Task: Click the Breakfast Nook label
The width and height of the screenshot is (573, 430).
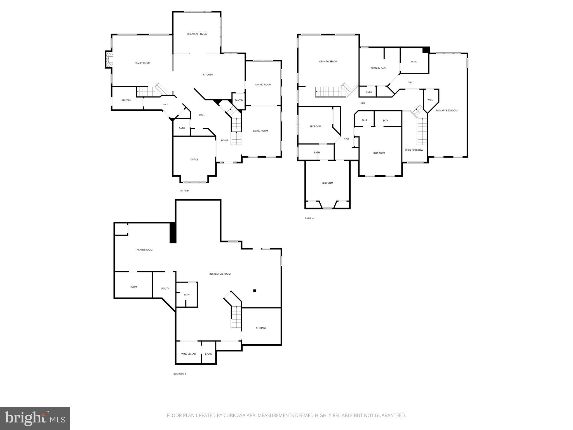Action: pyautogui.click(x=197, y=34)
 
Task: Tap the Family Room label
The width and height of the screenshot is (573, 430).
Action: pyautogui.click(x=142, y=63)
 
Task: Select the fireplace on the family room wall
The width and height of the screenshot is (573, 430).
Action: pyautogui.click(x=109, y=59)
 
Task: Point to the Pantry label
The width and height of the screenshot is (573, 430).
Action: pyautogui.click(x=239, y=100)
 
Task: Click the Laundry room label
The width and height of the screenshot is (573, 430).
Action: pyautogui.click(x=126, y=100)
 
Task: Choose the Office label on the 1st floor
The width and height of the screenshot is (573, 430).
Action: pyautogui.click(x=194, y=160)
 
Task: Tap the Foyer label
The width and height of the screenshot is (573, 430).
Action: pyautogui.click(x=224, y=141)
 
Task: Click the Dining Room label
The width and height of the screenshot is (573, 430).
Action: pyautogui.click(x=263, y=85)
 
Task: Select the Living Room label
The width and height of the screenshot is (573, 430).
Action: pyautogui.click(x=260, y=131)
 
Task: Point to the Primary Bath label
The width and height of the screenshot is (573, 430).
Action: pyautogui.click(x=378, y=68)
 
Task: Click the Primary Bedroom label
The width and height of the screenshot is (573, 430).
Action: pyautogui.click(x=447, y=111)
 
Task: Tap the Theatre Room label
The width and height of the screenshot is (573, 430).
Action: pyautogui.click(x=144, y=250)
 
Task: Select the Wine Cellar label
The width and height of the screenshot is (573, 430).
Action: pyautogui.click(x=188, y=354)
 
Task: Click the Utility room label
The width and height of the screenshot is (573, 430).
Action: pyautogui.click(x=165, y=289)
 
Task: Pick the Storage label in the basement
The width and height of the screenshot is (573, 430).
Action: pyautogui.click(x=261, y=328)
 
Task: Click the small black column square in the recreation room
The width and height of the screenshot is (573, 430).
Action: pyautogui.click(x=255, y=291)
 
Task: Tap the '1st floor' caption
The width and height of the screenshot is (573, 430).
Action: pyautogui.click(x=184, y=191)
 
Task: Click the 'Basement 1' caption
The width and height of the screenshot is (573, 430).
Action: pyautogui.click(x=180, y=374)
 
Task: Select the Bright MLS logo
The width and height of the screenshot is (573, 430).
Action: pyautogui.click(x=35, y=419)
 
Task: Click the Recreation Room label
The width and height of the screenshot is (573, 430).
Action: pyautogui.click(x=220, y=274)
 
